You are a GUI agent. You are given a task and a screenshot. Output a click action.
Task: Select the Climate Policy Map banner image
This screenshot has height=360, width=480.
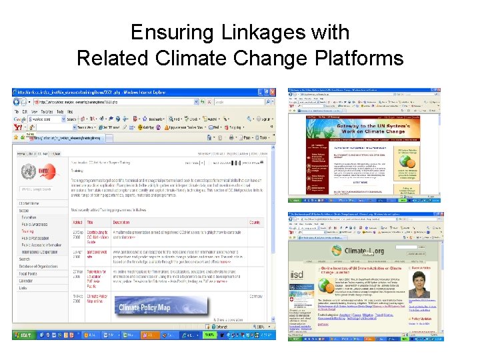[x=145, y=308]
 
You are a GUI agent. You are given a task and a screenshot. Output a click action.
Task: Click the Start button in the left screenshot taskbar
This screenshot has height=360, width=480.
[x=25, y=335]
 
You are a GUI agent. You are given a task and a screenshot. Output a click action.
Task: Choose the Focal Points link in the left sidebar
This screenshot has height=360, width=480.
[x=28, y=273]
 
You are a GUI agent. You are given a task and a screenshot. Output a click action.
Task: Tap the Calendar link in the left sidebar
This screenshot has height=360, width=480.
[x=25, y=281]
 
